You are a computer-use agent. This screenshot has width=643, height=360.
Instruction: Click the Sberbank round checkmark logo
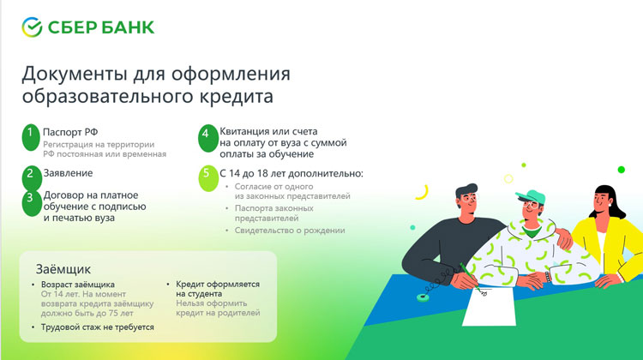click(x=32, y=27)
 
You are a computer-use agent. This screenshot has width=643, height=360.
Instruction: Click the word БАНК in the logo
click(x=128, y=27)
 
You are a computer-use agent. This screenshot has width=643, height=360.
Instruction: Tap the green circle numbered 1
click(x=30, y=137)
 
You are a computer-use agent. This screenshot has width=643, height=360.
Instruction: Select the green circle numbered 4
click(x=207, y=138)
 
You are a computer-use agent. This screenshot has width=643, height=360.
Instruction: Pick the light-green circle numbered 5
click(x=208, y=178)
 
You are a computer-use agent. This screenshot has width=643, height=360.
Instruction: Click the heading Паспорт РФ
click(x=70, y=133)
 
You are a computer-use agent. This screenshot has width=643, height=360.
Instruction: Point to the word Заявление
click(x=68, y=173)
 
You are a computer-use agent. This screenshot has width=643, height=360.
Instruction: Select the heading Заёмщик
click(x=63, y=269)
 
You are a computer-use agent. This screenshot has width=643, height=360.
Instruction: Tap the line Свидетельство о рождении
click(x=290, y=231)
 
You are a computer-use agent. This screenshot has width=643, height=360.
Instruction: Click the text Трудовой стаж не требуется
click(x=98, y=327)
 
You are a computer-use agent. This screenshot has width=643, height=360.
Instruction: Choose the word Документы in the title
click(x=75, y=74)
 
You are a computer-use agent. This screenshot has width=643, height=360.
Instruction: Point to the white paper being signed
click(x=490, y=306)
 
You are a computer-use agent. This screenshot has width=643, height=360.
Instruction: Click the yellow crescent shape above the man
click(x=423, y=192)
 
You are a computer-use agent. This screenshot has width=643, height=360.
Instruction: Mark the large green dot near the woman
click(x=622, y=170)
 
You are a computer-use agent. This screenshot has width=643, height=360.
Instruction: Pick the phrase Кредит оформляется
click(x=218, y=285)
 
